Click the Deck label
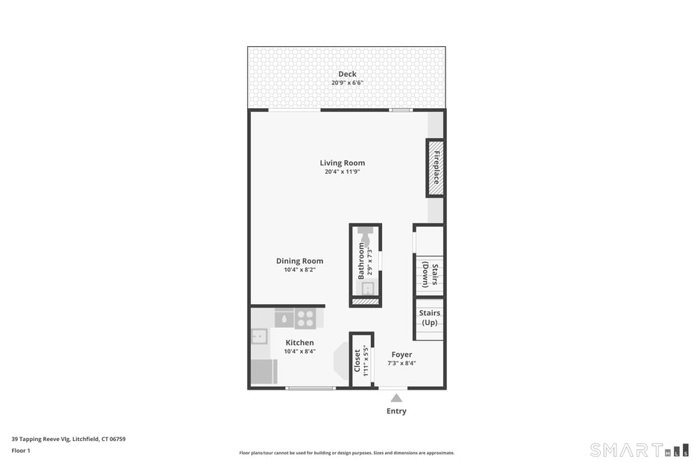pyautogui.click(x=348, y=74)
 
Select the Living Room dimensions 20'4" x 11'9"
pyautogui.click(x=342, y=171)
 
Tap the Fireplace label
pyautogui.click(x=436, y=168)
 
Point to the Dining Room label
pyautogui.click(x=300, y=261)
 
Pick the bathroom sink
pyautogui.click(x=368, y=288)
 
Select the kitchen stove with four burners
pyautogui.click(x=305, y=319)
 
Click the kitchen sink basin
pyautogui.click(x=259, y=336)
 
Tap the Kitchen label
pyautogui.click(x=300, y=343)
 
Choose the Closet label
pyautogui.click(x=357, y=361)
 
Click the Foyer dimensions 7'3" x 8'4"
pyautogui.click(x=402, y=363)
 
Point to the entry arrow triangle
pyautogui.click(x=396, y=398)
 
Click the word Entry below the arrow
pyautogui.click(x=396, y=411)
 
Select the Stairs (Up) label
pyautogui.click(x=429, y=317)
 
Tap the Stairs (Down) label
pyautogui.click(x=430, y=274)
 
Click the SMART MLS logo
pyautogui.click(x=640, y=450)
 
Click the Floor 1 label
pyautogui.click(x=21, y=451)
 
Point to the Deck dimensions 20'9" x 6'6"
pyautogui.click(x=348, y=83)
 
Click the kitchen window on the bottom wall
pyautogui.click(x=310, y=388)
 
